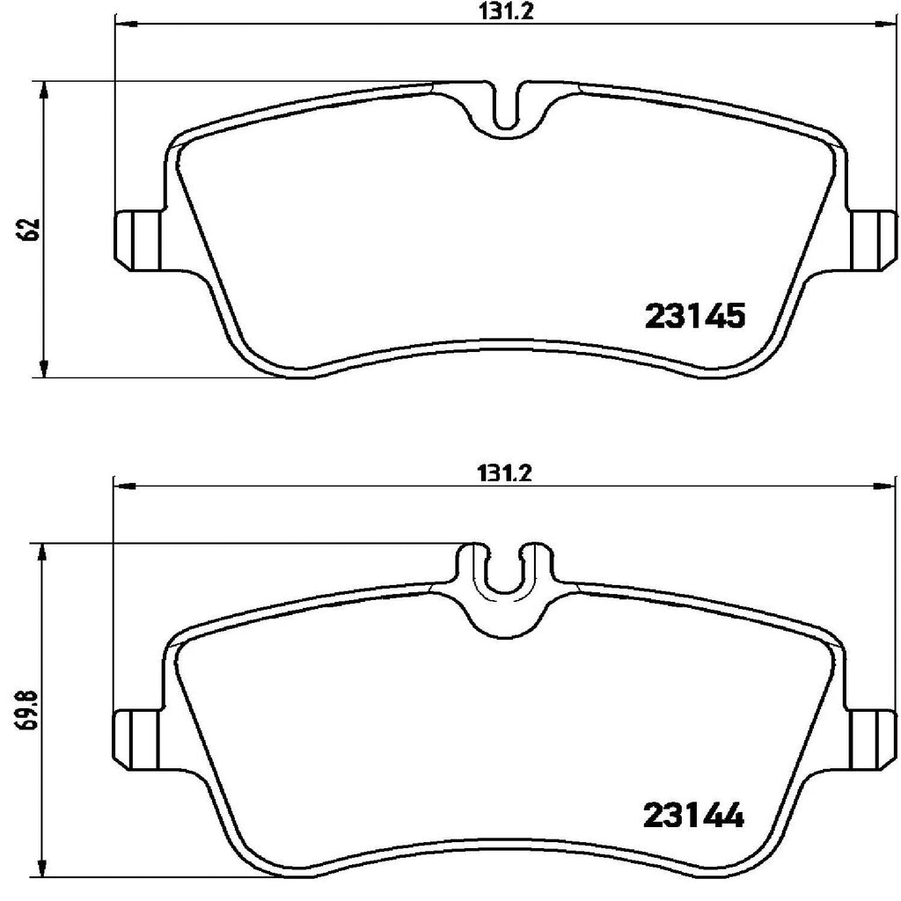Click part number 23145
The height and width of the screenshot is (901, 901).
[x=695, y=316]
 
